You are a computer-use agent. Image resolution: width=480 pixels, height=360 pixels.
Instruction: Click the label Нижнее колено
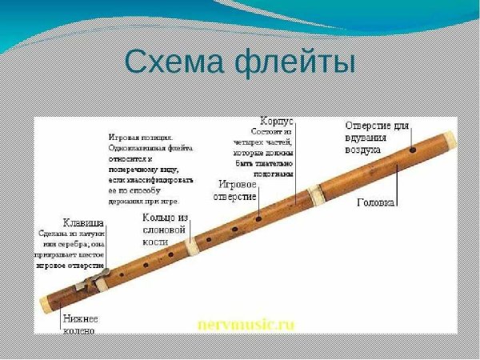pos(80,325)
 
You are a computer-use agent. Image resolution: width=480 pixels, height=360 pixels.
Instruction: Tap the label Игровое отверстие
pos(238,190)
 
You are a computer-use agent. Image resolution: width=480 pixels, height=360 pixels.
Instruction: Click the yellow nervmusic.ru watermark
pos(246,324)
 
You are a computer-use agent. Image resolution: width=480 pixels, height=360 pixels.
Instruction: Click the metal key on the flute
pos(91,282)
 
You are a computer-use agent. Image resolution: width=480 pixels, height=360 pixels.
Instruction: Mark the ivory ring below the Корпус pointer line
pos(317,192)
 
